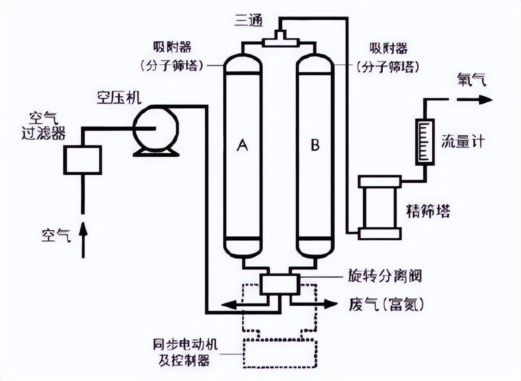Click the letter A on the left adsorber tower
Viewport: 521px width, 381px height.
[242, 145]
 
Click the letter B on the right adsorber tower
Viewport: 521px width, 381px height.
[315, 145]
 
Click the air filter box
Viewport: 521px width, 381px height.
[83, 160]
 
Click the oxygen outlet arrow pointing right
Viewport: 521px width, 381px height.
[475, 100]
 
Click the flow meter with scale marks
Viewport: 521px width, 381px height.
[425, 142]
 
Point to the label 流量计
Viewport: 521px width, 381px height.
[463, 141]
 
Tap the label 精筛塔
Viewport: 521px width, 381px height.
[428, 211]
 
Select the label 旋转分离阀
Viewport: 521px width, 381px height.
[385, 276]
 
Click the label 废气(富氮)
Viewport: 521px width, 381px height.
[386, 304]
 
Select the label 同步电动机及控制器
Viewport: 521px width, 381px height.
[185, 353]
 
